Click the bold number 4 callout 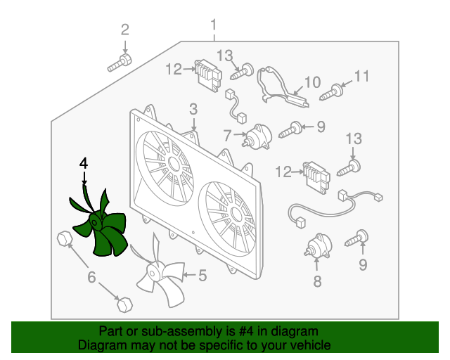84,164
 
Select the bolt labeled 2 120,63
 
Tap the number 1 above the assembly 214,25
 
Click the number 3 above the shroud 193,110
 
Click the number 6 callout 91,277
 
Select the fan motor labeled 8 318,245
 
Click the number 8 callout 317,281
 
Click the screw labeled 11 331,92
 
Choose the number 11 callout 361,77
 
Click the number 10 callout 312,82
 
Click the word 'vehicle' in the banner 312,345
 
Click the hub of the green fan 96,221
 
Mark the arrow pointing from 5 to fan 189,275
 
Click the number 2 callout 125,30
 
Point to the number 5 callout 202,276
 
